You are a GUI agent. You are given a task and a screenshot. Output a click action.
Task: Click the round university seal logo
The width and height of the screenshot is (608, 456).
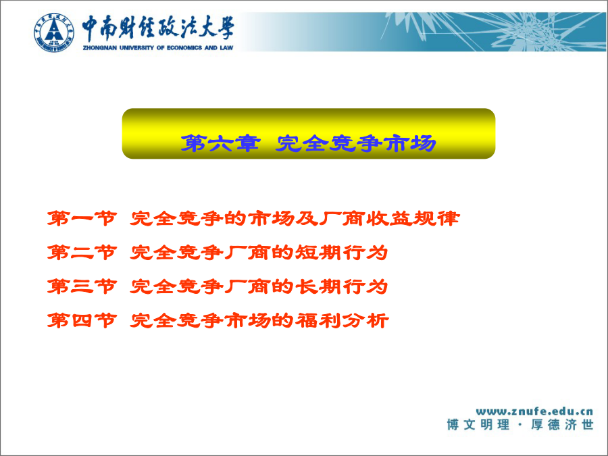[x=53, y=32]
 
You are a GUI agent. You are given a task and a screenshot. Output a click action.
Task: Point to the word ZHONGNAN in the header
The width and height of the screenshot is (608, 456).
[x=100, y=48]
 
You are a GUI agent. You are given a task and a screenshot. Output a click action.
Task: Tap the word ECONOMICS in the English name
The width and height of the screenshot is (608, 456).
[x=184, y=48]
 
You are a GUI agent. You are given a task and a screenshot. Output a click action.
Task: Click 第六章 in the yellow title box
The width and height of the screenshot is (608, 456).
[x=220, y=143]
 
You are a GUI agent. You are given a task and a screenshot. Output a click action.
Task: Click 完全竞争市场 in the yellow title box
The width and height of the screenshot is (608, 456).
[x=356, y=143]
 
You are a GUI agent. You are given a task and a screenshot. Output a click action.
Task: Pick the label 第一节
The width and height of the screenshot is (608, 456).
[x=82, y=218]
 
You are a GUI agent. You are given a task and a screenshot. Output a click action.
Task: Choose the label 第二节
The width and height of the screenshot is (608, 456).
[x=82, y=253]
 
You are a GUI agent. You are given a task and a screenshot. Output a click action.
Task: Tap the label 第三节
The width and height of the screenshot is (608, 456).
[x=82, y=286]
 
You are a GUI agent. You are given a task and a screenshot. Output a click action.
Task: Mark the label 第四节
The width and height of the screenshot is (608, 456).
[x=82, y=321]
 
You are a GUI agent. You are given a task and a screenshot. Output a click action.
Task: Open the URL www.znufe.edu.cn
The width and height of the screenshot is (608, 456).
[x=535, y=411]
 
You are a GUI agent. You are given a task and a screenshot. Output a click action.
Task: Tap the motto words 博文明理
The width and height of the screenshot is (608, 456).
[x=478, y=425]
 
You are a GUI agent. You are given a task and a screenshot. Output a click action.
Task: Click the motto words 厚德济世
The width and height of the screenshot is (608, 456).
[x=562, y=425]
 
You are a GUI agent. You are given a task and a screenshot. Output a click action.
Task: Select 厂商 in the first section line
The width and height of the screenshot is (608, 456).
[x=342, y=218]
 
